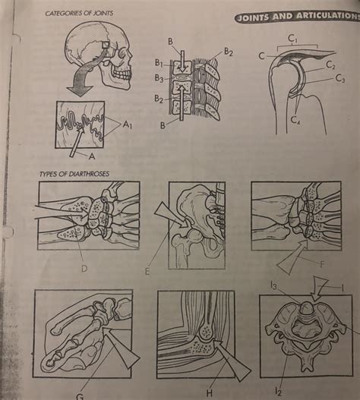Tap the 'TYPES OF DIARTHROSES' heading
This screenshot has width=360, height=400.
pyautogui.click(x=74, y=174)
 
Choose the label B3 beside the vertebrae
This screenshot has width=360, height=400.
pyautogui.click(x=159, y=78)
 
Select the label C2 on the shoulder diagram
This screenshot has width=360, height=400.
pyautogui.click(x=330, y=66)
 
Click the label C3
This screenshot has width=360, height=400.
pyautogui.click(x=339, y=79)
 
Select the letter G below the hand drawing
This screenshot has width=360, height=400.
pyautogui.click(x=80, y=394)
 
